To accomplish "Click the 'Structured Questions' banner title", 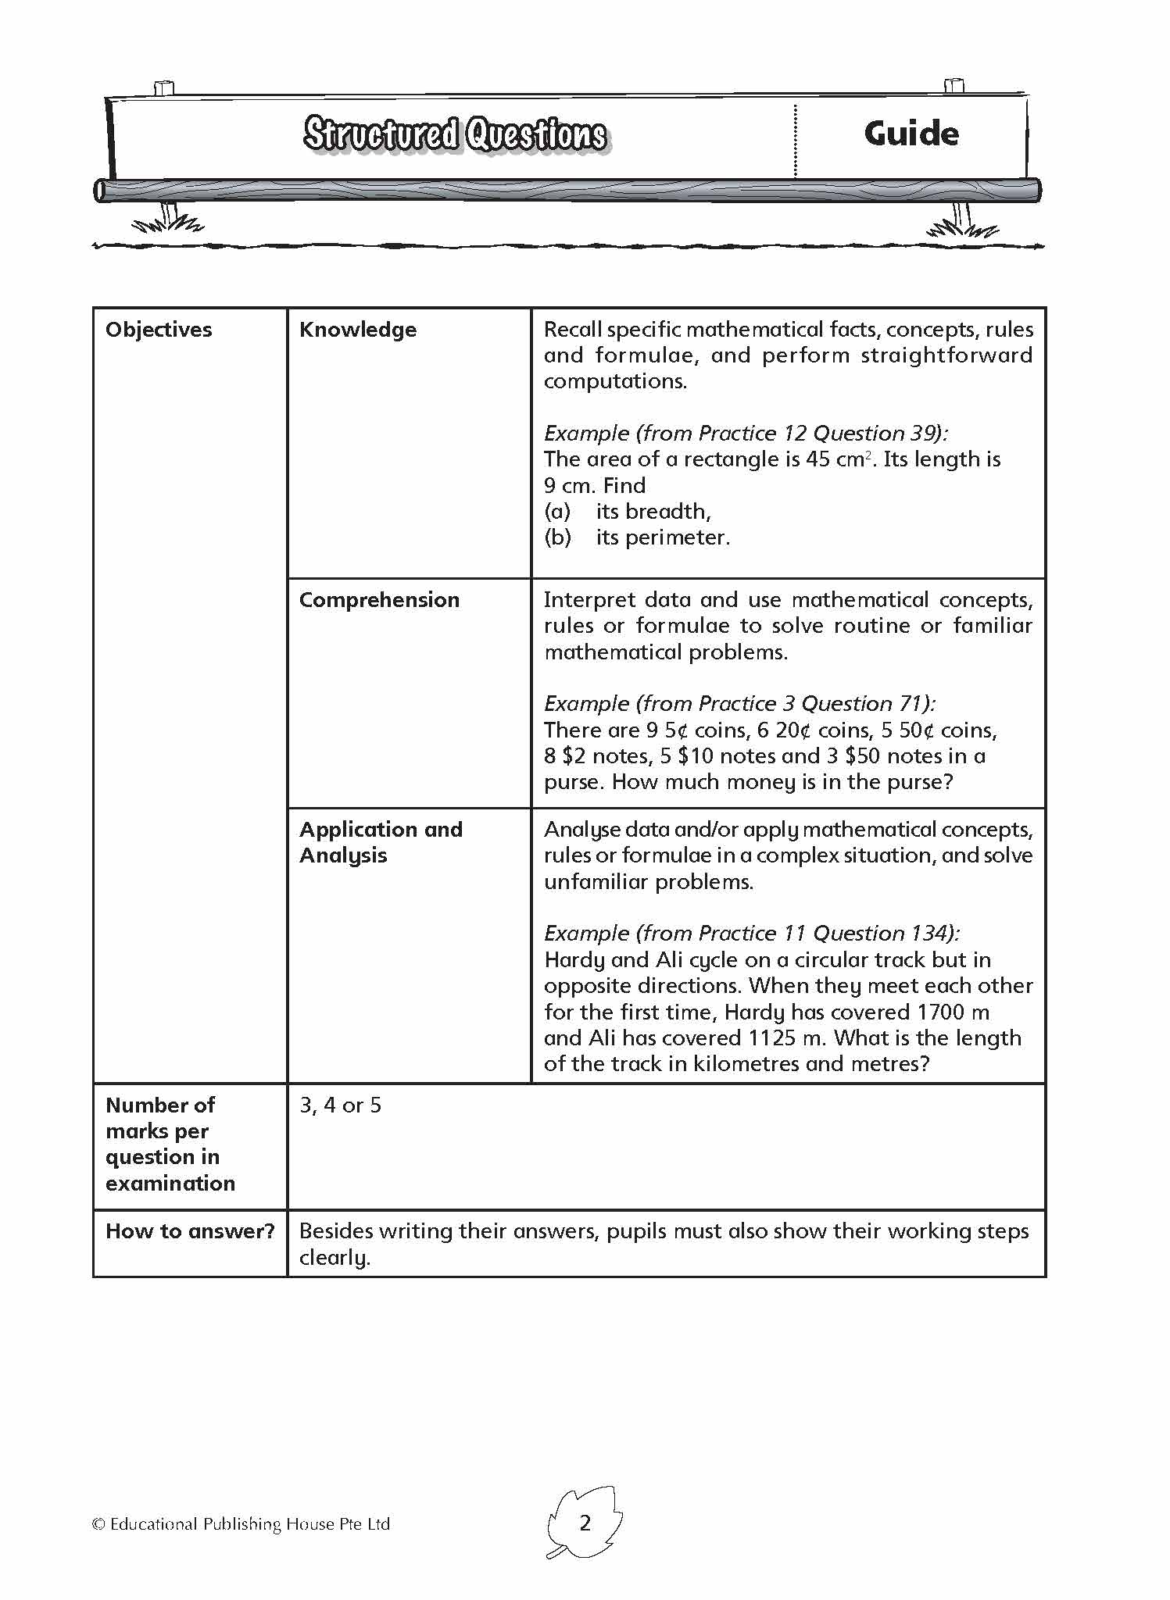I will [x=455, y=134].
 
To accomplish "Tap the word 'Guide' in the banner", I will [x=911, y=134].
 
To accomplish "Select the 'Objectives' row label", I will [x=159, y=330].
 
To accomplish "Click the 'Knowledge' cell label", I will [x=358, y=330].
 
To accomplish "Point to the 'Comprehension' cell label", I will [x=379, y=600].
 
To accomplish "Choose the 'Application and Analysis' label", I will [x=381, y=842].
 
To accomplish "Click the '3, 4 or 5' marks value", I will [x=340, y=1105].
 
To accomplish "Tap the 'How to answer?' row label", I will [x=190, y=1231].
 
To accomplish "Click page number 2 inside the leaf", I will [x=585, y=1523].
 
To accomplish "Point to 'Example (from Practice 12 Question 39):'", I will [x=746, y=434].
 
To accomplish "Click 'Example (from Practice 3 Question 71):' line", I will [x=739, y=704].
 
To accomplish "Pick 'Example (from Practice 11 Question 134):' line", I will [x=752, y=934].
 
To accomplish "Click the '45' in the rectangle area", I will [x=818, y=459].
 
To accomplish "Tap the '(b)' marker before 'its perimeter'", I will [x=558, y=537].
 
